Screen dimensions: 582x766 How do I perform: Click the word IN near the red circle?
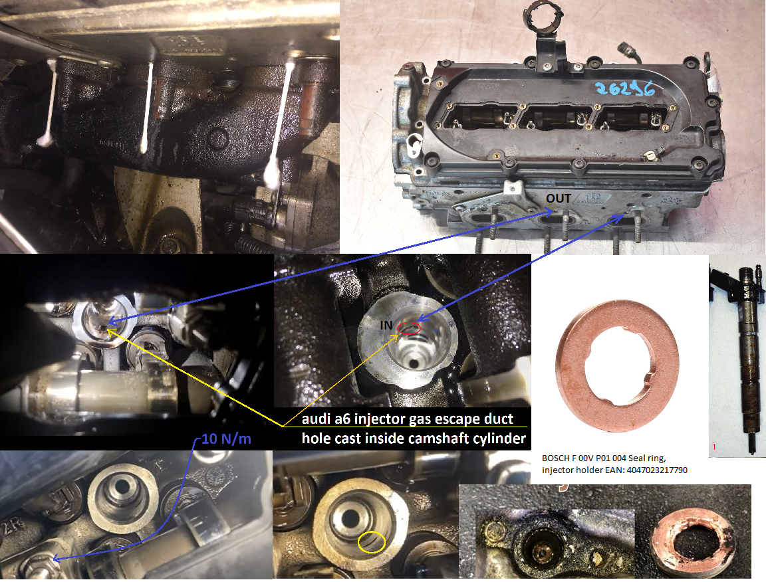[x=386, y=326]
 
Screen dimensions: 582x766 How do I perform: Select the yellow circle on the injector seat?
[x=370, y=542]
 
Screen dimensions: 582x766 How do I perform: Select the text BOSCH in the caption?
[x=555, y=458]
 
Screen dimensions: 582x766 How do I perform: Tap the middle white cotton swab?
[x=148, y=106]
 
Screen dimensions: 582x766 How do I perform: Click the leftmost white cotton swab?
[x=51, y=103]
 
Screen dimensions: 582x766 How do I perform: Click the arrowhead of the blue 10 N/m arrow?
[x=54, y=559]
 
